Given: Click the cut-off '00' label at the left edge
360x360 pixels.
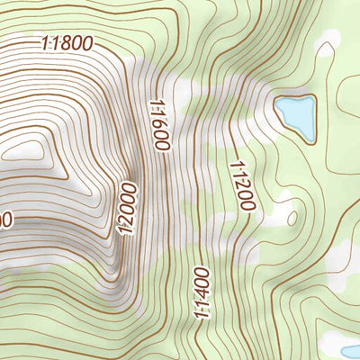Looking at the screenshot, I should click(x=5, y=219).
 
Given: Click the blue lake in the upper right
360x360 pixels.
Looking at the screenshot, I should click(x=295, y=115).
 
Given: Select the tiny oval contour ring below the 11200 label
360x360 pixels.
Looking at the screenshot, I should click(x=292, y=217).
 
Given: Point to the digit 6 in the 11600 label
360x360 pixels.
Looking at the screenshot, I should click(x=158, y=121).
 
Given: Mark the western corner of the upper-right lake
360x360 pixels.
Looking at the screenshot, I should click(x=275, y=109).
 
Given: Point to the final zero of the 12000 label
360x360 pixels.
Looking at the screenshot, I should click(x=127, y=187).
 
